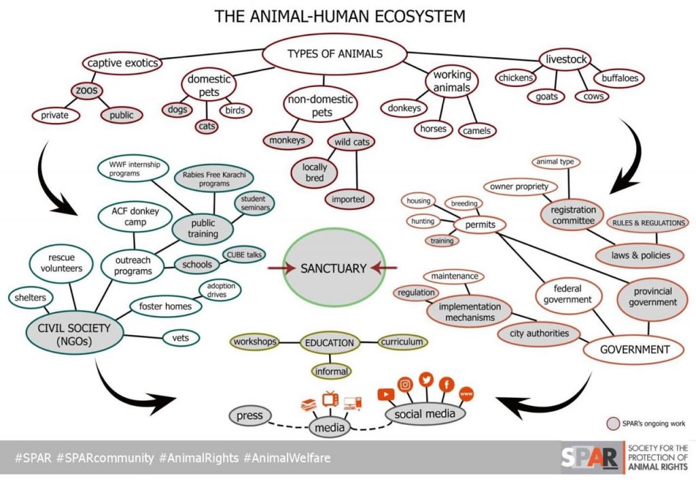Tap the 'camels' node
[477, 130]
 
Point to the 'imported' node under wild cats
[348, 199]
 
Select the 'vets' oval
[180, 337]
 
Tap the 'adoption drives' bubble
[220, 290]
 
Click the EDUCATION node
[330, 343]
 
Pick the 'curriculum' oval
[402, 342]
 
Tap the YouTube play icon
[385, 394]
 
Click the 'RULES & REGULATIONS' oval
[648, 223]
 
